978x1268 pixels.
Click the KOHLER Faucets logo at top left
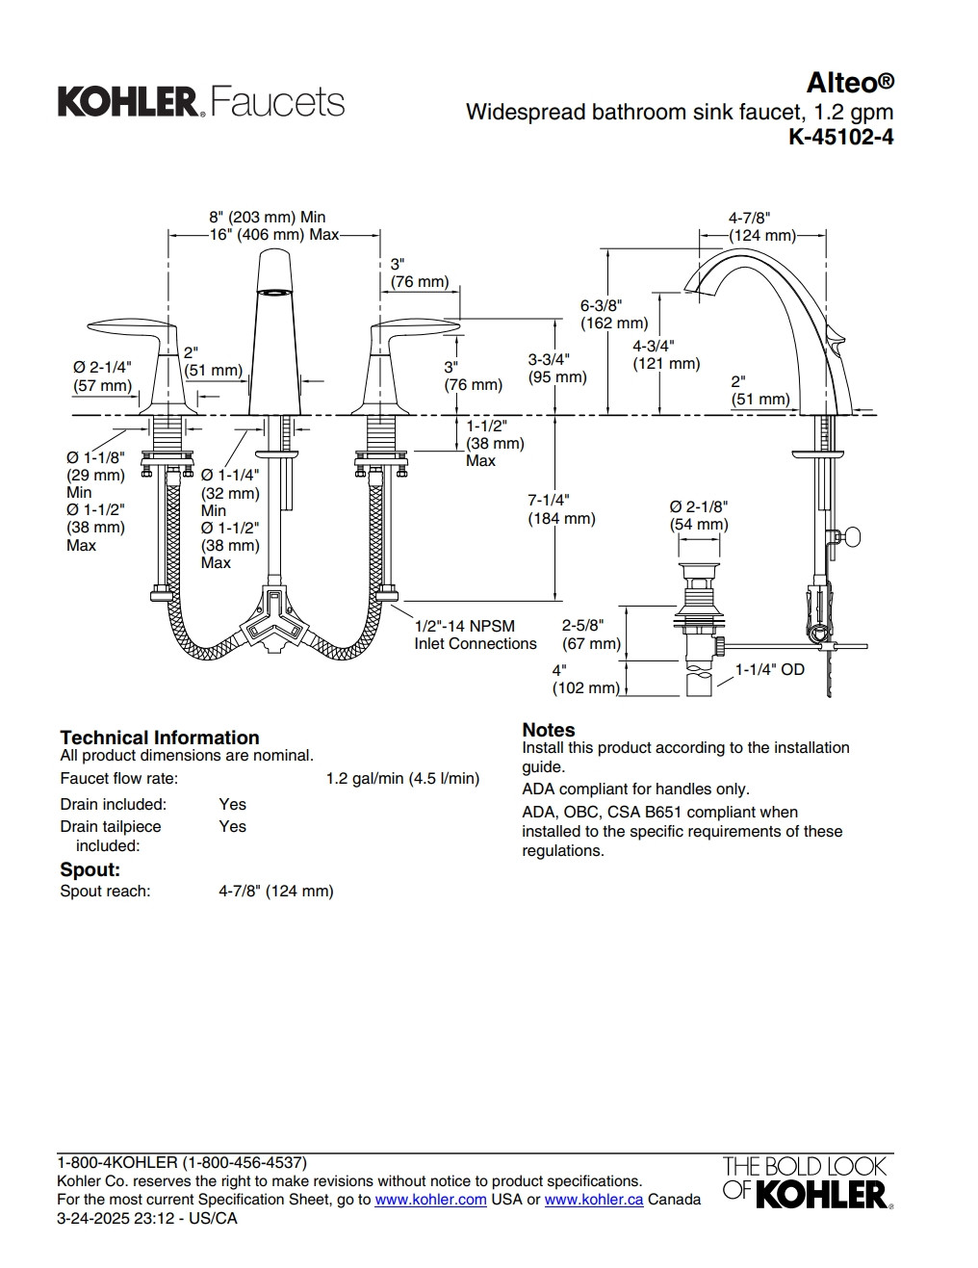pos(201,102)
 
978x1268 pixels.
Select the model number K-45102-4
pos(840,138)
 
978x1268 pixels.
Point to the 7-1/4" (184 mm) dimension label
pos(560,509)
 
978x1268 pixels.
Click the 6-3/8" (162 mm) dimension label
pos(613,314)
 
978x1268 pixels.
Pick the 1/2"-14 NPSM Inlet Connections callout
pos(475,634)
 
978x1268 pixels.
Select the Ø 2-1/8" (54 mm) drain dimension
pos(699,515)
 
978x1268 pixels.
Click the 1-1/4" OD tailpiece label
pos(769,669)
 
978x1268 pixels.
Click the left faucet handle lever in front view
pos(123,330)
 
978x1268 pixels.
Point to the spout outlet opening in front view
pos(274,290)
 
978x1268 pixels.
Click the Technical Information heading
pos(159,738)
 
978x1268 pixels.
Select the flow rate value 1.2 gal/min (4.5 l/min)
pos(402,778)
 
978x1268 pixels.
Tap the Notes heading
pos(548,730)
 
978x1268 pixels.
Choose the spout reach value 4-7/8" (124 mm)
pos(275,891)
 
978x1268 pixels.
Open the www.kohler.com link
pos(430,1199)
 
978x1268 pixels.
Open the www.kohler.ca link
pos(593,1199)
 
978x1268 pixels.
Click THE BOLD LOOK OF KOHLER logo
pos(807,1181)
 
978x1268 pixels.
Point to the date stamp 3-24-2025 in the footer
pos(94,1217)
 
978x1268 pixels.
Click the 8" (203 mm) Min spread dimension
pos(268,218)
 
